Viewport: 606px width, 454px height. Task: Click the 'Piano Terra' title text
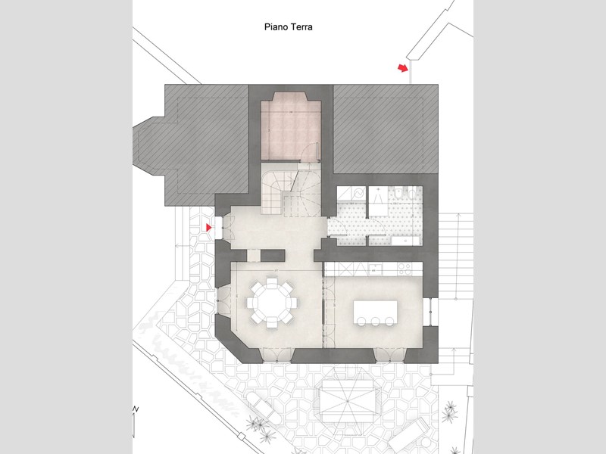(289, 27)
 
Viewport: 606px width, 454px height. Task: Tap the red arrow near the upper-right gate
(403, 68)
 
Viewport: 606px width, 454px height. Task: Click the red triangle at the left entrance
(209, 228)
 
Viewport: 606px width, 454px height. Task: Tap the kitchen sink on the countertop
(374, 269)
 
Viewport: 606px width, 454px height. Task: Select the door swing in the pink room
(311, 151)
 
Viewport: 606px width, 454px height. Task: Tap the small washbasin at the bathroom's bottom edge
(405, 241)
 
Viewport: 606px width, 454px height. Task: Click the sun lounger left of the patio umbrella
(263, 406)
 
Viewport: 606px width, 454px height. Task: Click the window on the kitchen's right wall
(427, 312)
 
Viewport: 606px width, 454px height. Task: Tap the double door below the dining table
(276, 355)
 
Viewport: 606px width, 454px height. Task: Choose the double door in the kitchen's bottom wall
(389, 355)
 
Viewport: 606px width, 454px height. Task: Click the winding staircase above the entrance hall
(291, 188)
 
